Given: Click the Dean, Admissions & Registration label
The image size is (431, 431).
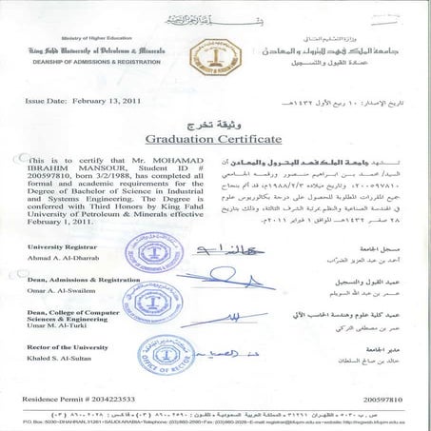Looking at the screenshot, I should coord(80,280).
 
